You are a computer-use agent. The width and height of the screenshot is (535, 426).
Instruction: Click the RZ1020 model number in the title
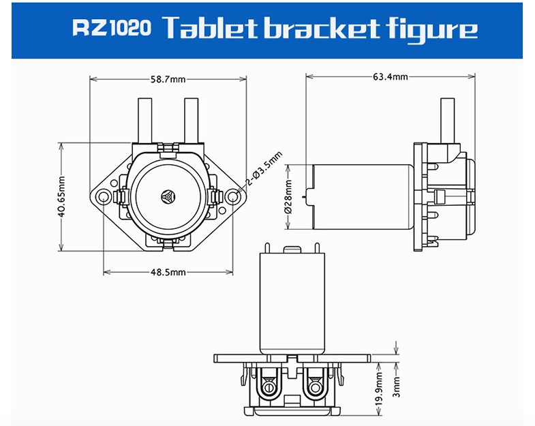point(111,29)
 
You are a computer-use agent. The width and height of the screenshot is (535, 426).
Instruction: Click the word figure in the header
point(429,30)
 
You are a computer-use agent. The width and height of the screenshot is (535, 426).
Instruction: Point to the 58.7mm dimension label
point(168,79)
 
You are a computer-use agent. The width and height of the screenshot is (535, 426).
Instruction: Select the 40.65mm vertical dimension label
point(61,197)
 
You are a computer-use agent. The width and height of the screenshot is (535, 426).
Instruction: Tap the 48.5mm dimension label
point(168,273)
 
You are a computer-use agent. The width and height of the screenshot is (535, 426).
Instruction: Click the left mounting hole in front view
point(104,197)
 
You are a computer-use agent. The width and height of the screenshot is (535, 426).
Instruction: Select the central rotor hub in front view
point(168,196)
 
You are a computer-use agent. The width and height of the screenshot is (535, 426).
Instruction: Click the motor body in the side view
point(361,197)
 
